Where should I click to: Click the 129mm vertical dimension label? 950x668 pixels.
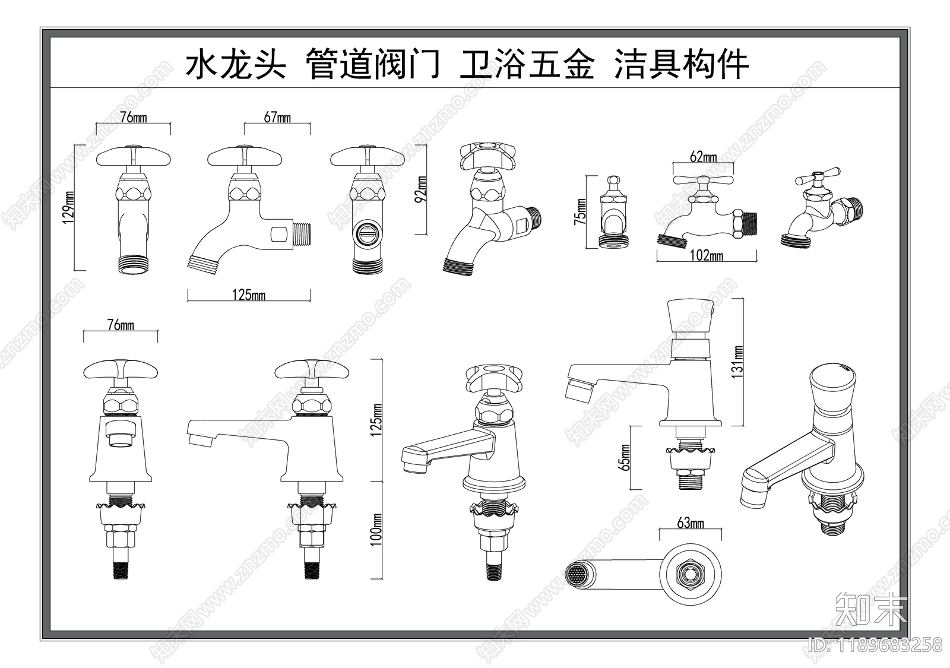(x=69, y=207)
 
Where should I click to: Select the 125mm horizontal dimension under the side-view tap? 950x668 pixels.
(x=249, y=295)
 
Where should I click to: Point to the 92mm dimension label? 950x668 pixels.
(x=420, y=189)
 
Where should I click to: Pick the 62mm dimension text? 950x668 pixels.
(x=703, y=157)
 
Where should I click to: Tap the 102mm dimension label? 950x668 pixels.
(x=707, y=256)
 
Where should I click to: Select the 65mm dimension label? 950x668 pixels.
(x=624, y=457)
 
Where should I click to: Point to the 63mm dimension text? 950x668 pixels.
(x=691, y=523)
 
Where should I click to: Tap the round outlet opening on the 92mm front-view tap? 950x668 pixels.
(x=368, y=236)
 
